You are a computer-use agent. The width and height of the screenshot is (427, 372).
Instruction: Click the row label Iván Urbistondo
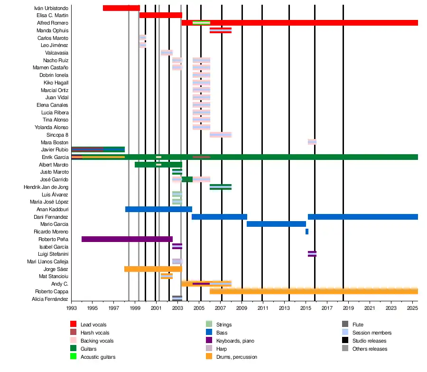tap(51, 8)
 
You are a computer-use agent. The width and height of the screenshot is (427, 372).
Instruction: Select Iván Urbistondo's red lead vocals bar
tap(121, 8)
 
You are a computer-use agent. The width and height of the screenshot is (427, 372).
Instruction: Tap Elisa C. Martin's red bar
tap(160, 15)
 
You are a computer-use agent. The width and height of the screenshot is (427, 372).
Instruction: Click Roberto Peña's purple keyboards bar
tap(127, 239)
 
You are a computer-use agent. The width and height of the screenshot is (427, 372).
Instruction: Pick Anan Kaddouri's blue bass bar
tap(158, 209)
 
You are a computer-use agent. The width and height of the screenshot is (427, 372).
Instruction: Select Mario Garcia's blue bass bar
tap(276, 224)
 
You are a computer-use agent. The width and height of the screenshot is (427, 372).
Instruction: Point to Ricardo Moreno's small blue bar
tap(307, 232)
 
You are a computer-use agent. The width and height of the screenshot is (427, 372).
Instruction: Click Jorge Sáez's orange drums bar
tap(153, 269)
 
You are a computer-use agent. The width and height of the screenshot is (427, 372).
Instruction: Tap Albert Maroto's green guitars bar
tap(158, 165)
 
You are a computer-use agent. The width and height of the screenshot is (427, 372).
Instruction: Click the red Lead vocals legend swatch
tap(73, 325)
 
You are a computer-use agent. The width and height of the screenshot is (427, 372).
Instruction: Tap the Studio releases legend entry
tap(369, 341)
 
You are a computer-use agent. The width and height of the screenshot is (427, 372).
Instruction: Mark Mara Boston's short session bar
tap(312, 142)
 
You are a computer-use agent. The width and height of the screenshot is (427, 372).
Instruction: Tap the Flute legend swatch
tap(345, 325)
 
